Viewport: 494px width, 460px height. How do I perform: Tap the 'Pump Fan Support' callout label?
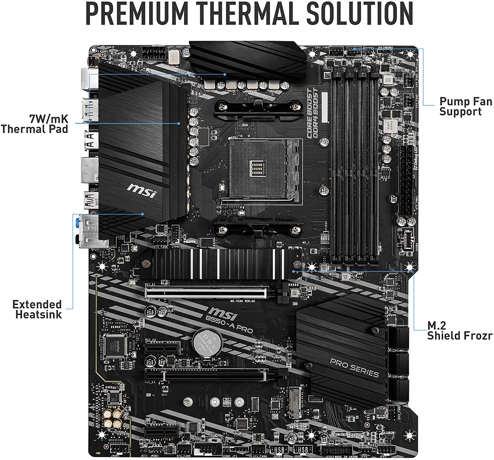click(x=465, y=106)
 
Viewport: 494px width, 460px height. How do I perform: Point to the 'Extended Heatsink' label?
click(x=37, y=309)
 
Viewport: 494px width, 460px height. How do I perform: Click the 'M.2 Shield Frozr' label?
click(x=459, y=330)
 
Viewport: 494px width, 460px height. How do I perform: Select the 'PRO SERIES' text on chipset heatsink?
click(x=354, y=368)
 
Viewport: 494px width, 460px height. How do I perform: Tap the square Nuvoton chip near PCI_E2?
click(x=115, y=346)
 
